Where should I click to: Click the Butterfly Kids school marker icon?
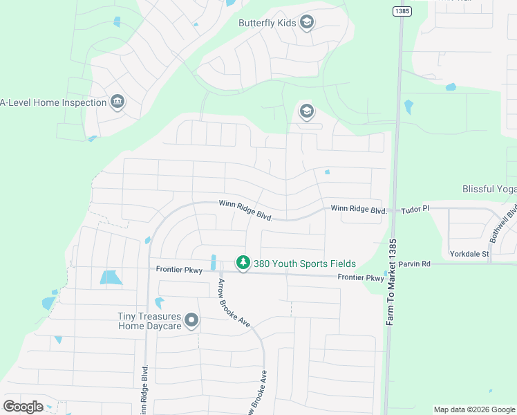307,23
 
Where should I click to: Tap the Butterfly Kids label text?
267,23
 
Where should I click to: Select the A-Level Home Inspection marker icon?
117,102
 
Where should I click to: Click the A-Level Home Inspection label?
53,102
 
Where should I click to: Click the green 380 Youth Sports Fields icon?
243,264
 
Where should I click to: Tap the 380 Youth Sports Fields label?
304,264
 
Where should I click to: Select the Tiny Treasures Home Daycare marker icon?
191,320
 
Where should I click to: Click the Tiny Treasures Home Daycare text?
149,321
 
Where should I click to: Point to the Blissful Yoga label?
489,189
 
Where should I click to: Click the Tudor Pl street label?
415,208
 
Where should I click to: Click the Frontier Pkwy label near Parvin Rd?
360,277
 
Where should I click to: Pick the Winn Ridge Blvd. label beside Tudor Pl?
357,208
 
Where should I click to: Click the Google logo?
23,407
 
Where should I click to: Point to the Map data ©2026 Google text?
474,409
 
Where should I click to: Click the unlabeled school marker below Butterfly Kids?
306,111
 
